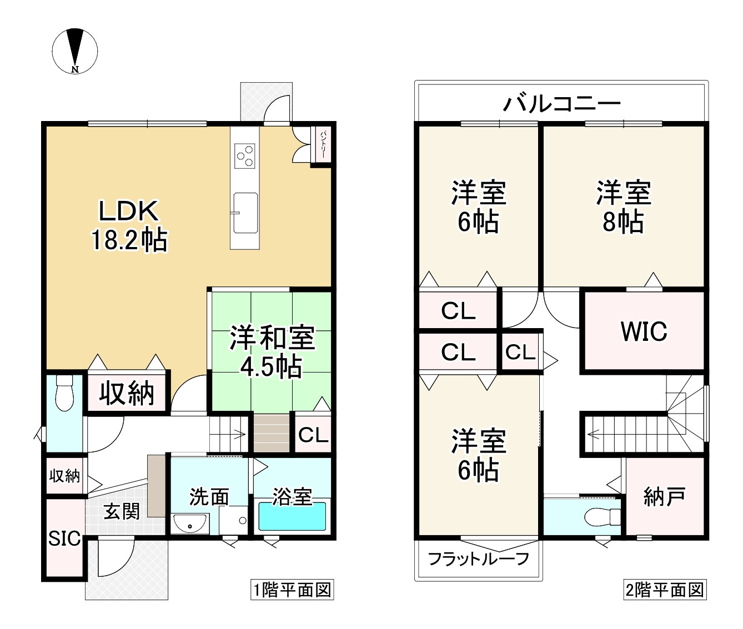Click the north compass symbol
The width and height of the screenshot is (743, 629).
[x=75, y=51]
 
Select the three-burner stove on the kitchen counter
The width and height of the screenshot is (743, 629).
[x=245, y=155]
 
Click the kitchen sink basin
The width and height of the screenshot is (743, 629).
[x=245, y=213]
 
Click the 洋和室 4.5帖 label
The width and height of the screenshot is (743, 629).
[x=272, y=353]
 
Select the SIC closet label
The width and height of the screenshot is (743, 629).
[x=64, y=539]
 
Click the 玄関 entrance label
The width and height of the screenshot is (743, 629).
[x=122, y=511]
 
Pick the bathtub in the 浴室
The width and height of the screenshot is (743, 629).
[x=292, y=517]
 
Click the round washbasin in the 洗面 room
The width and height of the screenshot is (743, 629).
[x=190, y=523]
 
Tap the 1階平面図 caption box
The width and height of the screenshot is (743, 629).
[x=292, y=590]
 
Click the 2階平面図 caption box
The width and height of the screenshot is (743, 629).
[x=665, y=590]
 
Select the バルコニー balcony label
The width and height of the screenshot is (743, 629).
[x=561, y=103]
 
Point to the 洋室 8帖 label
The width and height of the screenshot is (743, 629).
[x=623, y=207]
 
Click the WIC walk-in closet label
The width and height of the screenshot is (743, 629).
[x=644, y=331]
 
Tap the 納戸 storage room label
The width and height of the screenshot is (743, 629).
[x=664, y=496]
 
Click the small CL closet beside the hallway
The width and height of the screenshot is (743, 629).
[x=520, y=352]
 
